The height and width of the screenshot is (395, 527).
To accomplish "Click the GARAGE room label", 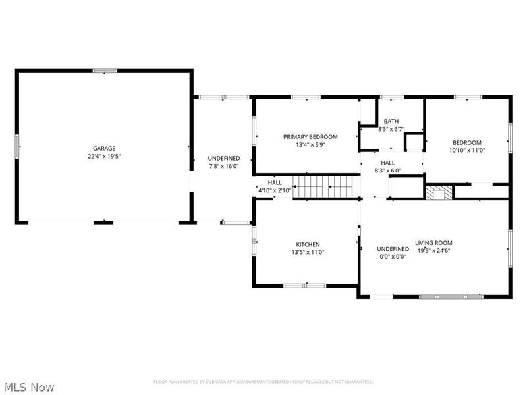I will coord(104,149).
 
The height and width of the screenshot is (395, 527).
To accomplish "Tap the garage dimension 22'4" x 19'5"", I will coord(104,157).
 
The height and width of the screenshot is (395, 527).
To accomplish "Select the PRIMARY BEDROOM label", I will coord(310,137).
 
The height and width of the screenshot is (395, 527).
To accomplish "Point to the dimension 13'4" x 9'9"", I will coord(310,145).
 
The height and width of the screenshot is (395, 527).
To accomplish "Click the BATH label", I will coord(391,121).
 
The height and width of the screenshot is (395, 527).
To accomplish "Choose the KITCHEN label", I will coord(308,244).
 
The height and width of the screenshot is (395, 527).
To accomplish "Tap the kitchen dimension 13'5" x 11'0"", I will coord(308,252).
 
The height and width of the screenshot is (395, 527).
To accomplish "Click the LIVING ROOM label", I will coord(433,242).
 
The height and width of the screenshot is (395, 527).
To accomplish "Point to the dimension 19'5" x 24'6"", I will coord(433,250).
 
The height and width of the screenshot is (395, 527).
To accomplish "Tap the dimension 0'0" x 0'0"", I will coord(393,257).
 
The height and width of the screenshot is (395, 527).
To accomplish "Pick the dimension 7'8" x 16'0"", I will coord(224,167).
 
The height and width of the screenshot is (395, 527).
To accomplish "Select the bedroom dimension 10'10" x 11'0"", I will coord(466,150).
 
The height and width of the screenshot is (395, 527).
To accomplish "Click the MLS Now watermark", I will coord(28,387).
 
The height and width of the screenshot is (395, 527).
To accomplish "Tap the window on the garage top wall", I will coord(104,70).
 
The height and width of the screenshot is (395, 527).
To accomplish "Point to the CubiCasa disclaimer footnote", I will coord(263,382).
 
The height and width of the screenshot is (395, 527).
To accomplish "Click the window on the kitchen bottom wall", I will coord(304,285).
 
